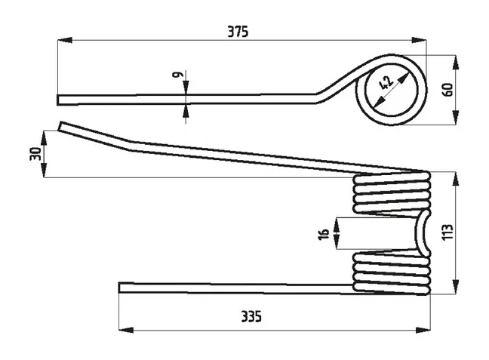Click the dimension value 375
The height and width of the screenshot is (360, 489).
(x=238, y=32)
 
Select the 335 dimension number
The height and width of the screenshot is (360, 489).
(x=251, y=317)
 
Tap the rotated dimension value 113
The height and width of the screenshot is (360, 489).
(x=447, y=232)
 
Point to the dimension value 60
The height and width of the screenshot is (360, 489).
(x=447, y=90)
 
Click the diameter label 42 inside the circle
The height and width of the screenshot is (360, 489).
(x=386, y=83)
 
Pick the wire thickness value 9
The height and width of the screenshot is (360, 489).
(x=177, y=75)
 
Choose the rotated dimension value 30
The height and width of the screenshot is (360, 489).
(x=35, y=154)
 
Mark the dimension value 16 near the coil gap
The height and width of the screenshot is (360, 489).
(x=324, y=234)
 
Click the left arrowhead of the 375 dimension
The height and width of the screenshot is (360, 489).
(x=65, y=40)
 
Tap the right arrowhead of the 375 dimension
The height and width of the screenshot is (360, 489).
(x=419, y=40)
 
